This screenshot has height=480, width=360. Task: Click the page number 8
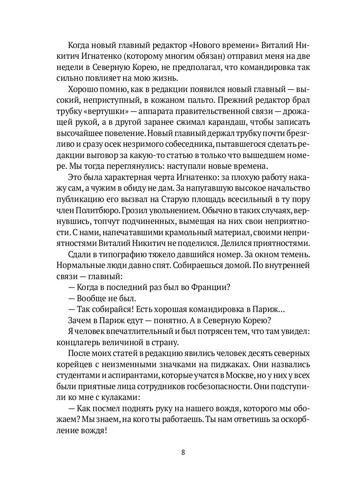pos(183,452)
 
